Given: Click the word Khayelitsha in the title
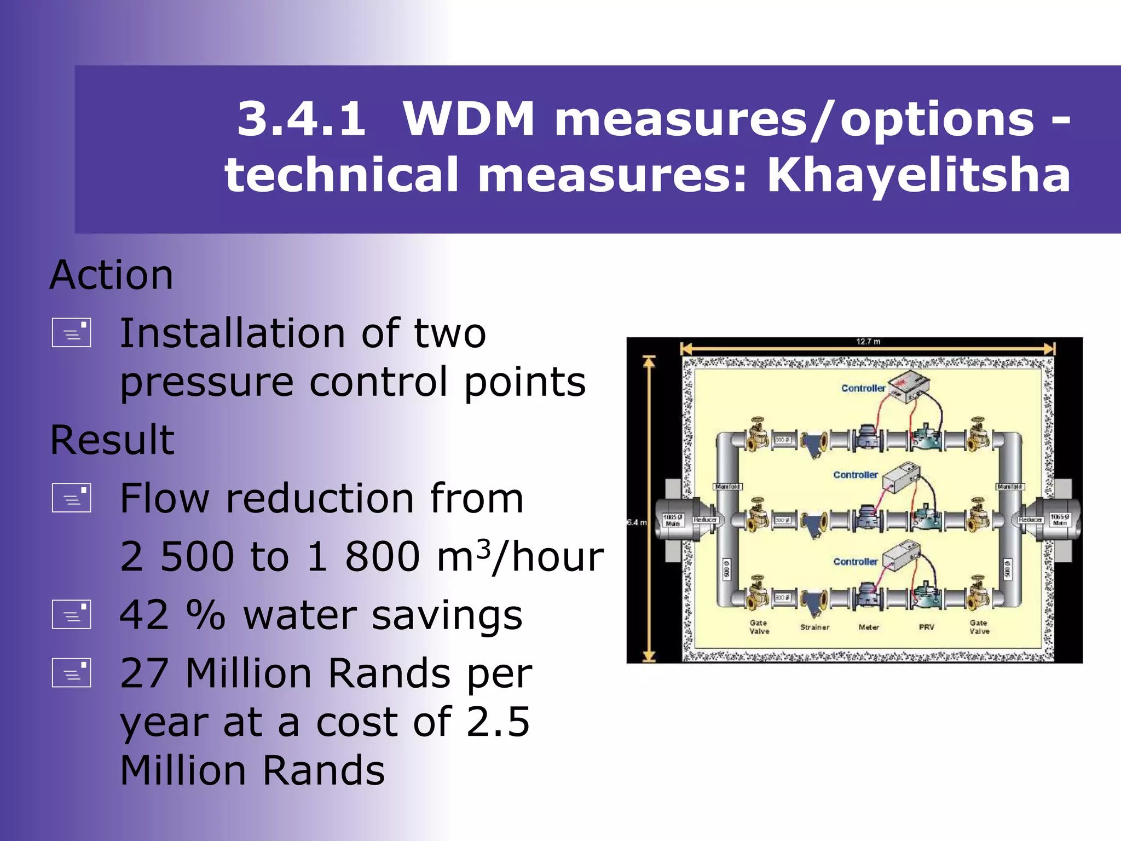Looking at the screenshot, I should coord(918,175).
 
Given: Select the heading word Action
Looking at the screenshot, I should coord(112,275).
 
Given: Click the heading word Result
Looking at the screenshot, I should coord(112,440).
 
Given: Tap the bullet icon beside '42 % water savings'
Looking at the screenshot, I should coord(71,614).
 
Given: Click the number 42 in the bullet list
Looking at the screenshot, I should coord(144,615).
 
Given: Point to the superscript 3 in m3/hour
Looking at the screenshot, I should coord(483,548).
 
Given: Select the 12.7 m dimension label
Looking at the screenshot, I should coord(868,342).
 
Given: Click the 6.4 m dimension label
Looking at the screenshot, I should coord(637,522).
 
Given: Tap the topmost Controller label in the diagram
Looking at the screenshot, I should coord(863,388).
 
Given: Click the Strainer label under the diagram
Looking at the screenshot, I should coord(814,627).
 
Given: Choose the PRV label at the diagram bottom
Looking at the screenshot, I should coord(926,627).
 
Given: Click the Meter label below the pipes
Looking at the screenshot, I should coord(869,627).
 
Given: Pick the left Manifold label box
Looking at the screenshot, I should coord(728,486).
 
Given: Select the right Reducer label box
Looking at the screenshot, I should coord(1030,520).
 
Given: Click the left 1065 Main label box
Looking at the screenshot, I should coord(673,520).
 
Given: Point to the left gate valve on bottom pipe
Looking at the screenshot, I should coord(758,594).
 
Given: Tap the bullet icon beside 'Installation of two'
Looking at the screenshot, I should coord(71,333).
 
